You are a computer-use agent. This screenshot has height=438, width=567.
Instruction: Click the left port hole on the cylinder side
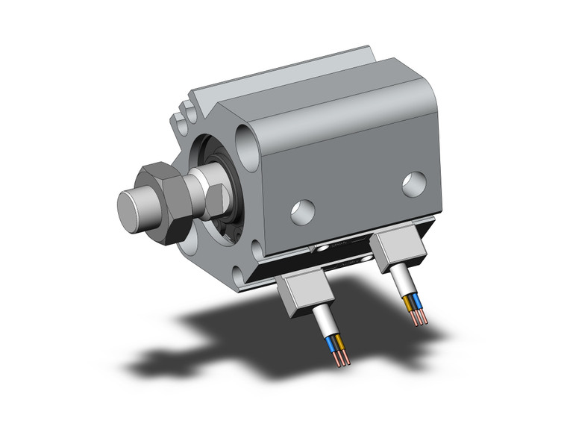pyautogui.click(x=302, y=213)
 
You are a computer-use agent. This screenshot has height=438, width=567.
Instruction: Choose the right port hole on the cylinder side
pyautogui.click(x=414, y=184)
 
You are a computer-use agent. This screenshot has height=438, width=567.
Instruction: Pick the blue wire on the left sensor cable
pyautogui.click(x=333, y=344)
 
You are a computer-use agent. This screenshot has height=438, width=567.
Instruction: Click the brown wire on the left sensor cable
pyautogui.click(x=341, y=342)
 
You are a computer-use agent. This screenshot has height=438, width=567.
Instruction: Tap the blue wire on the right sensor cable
pyautogui.click(x=418, y=302)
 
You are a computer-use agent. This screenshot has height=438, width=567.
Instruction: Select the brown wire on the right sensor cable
pyautogui.click(x=410, y=303)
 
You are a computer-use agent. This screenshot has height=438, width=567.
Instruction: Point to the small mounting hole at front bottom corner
pyautogui.click(x=257, y=249)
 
